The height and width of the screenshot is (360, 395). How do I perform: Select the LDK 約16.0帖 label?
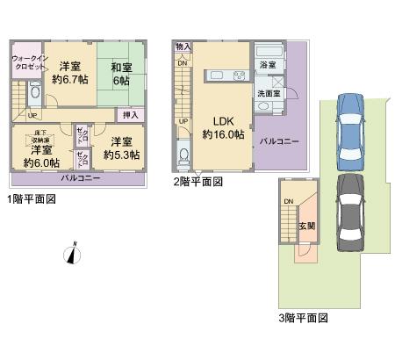point(219,128)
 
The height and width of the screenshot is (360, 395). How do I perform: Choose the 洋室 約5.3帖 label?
point(121,148)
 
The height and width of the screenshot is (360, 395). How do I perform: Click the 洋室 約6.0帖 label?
point(40,156)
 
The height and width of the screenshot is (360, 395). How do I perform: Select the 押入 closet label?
point(129,114)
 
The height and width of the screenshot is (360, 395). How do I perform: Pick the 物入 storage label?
point(183,46)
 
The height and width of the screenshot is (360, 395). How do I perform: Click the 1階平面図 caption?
point(32,199)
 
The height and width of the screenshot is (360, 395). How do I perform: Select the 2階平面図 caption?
point(197,182)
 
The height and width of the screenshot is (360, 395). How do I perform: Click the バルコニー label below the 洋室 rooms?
point(80,178)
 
